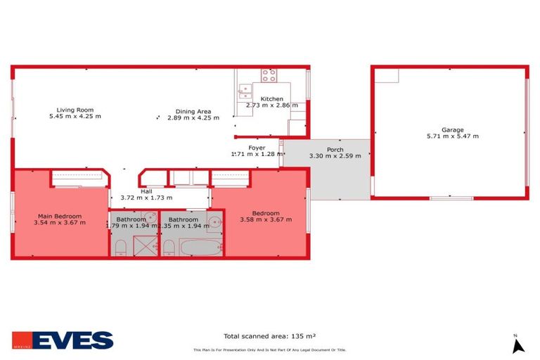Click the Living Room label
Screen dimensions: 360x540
tap(75, 110)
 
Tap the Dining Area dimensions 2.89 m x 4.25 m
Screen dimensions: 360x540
tap(193, 117)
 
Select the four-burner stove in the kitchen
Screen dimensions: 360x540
tap(269, 75)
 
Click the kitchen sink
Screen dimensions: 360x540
tap(244, 89)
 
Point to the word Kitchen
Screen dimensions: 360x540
tap(271, 99)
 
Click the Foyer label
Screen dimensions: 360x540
tap(257, 148)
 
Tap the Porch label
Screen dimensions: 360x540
tap(325, 149)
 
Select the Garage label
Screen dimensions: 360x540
tap(452, 129)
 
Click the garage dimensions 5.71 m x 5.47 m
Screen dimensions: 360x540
tap(452, 136)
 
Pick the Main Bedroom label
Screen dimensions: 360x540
tap(59, 216)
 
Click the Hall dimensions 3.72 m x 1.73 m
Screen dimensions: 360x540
tap(146, 198)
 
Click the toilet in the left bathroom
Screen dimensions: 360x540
tap(120, 246)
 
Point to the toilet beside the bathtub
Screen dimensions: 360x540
tap(169, 247)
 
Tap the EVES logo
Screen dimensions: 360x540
tap(63, 340)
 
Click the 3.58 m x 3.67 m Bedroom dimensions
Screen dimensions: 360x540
tap(266, 220)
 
